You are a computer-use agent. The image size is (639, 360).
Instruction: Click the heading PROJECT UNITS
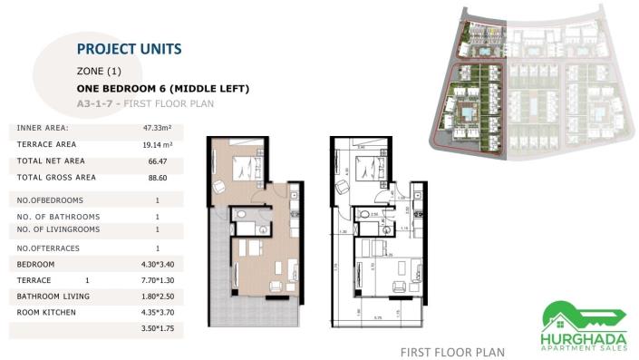(129, 49)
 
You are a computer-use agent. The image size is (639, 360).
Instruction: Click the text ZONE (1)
(100, 71)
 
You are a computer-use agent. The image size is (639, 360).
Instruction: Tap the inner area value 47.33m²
(158, 128)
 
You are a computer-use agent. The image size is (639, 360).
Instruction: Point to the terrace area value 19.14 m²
(158, 144)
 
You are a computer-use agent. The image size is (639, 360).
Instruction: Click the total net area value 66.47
(158, 161)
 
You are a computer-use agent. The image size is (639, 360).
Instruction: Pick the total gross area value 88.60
(158, 178)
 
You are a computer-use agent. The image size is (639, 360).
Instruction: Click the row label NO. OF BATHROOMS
(56, 217)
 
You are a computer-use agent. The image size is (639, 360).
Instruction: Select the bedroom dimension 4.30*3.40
(158, 263)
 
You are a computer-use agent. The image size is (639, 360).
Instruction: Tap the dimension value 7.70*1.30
(158, 280)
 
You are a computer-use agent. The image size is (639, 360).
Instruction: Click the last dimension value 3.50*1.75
(158, 329)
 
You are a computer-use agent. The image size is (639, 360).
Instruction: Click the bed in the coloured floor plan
(245, 168)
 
